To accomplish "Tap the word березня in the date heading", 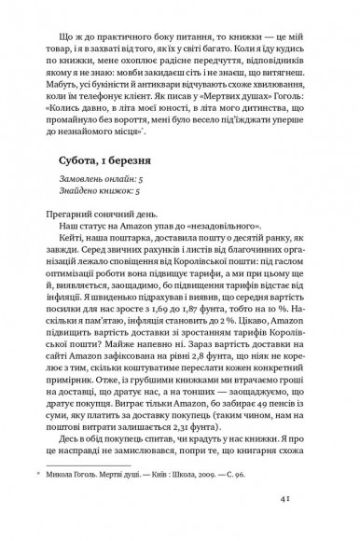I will click(x=149, y=166).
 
